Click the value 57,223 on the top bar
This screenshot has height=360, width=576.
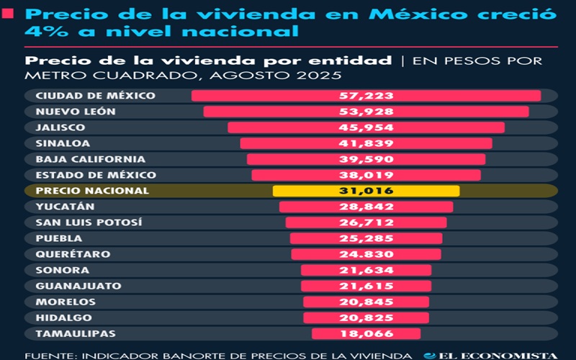pyautogui.click(x=366, y=96)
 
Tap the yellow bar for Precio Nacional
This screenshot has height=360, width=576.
pyautogui.click(x=366, y=191)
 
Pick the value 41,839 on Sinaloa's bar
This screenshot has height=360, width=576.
pyautogui.click(x=366, y=143)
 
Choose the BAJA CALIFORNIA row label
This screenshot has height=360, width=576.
pyautogui.click(x=90, y=159)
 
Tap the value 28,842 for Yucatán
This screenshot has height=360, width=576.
pyautogui.click(x=366, y=207)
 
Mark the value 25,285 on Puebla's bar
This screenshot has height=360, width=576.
pyautogui.click(x=366, y=238)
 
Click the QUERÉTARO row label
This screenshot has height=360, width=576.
pyautogui.click(x=73, y=254)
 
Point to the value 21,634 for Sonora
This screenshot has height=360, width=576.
pyautogui.click(x=366, y=270)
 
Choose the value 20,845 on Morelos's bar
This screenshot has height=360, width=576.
pyautogui.click(x=366, y=302)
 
